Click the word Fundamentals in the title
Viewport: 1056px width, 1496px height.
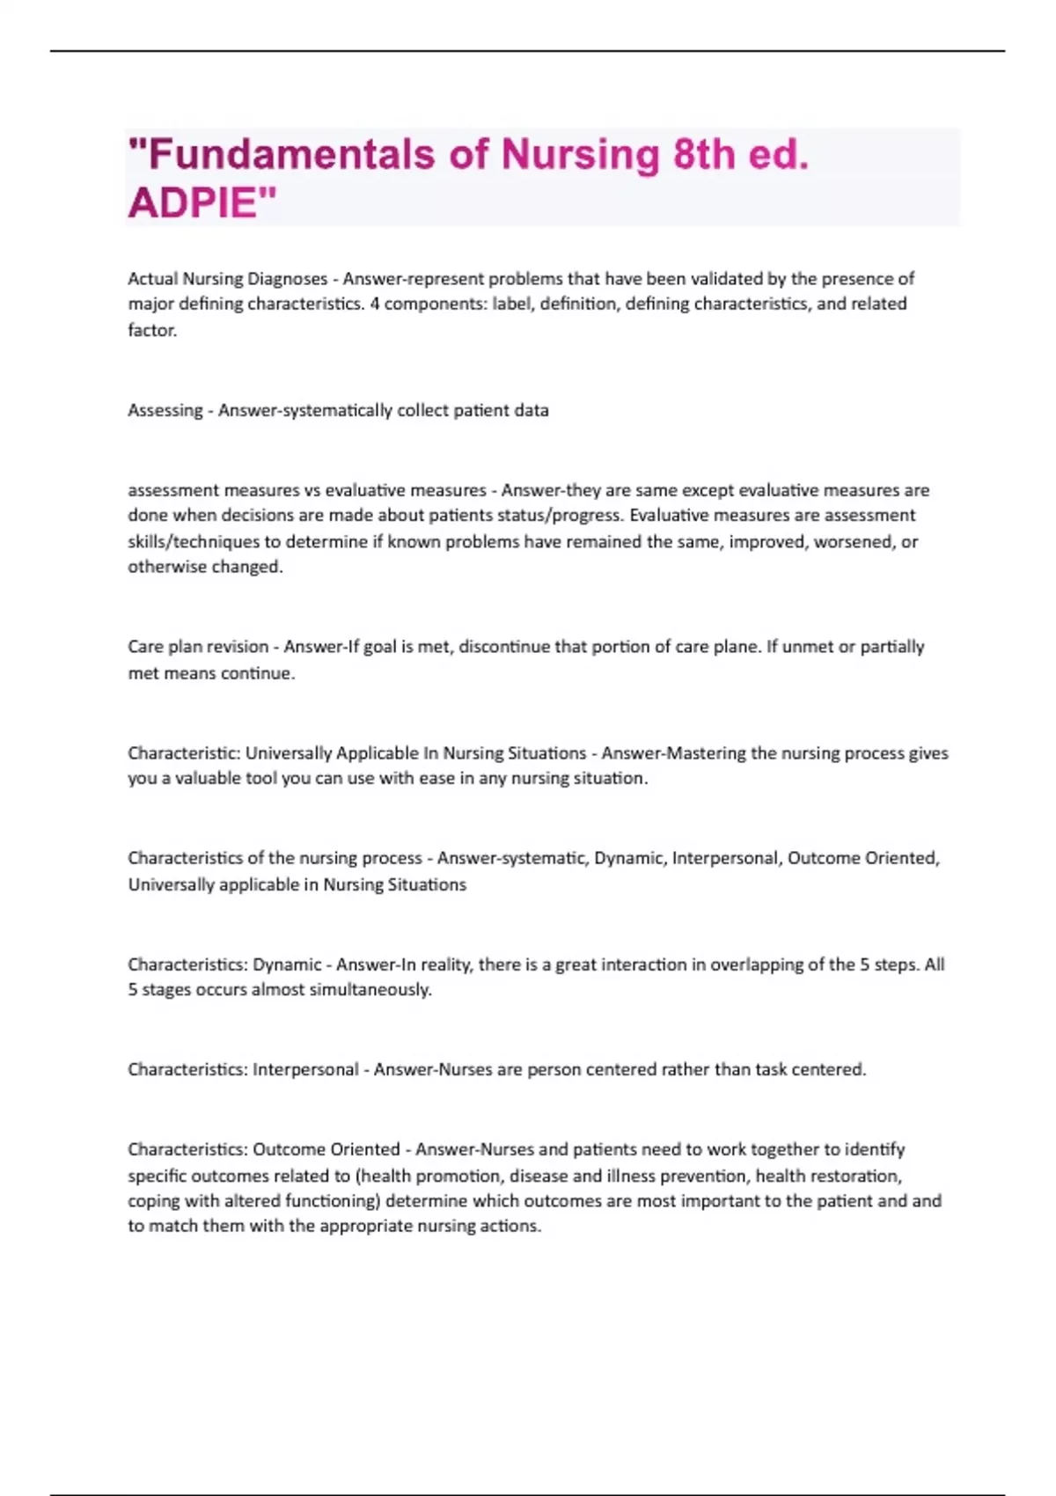pos(290,155)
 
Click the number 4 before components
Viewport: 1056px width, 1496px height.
pos(374,304)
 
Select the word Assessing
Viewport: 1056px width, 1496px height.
pos(165,411)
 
